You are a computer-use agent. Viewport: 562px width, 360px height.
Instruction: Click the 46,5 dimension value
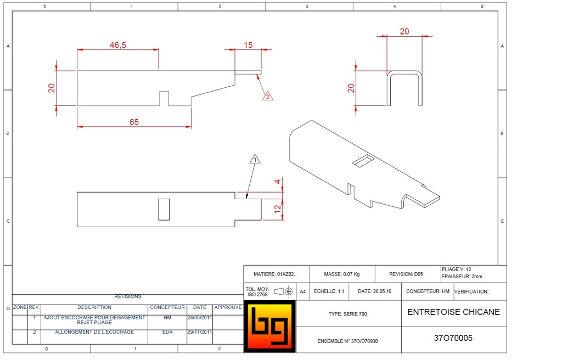coord(117,45)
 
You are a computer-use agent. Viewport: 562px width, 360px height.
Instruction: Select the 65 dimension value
coord(134,122)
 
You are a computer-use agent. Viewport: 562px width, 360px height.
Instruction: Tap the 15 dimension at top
coord(248,45)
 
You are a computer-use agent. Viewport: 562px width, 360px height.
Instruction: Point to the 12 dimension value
coord(278,209)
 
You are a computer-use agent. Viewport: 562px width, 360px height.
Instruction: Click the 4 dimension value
coord(278,182)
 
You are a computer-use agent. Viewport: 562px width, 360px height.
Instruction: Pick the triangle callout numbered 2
coord(267,96)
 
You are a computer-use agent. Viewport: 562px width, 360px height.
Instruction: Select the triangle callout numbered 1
coord(254,160)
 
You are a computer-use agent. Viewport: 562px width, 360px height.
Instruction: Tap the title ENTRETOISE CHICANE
coord(453,312)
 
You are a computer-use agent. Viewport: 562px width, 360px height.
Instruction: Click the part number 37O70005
coord(453,338)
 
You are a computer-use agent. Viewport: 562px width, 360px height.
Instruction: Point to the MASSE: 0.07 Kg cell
coord(341,274)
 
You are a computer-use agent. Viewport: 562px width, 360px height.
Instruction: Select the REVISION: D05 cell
coord(406,274)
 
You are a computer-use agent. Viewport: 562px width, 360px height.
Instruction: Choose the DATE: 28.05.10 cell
coord(375,291)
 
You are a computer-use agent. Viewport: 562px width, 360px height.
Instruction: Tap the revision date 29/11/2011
coord(200,332)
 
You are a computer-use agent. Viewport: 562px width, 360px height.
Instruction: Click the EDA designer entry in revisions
coord(167,332)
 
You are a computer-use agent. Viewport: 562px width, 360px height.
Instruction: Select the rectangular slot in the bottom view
coord(164,209)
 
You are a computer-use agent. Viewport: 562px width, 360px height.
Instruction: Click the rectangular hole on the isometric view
coord(363,160)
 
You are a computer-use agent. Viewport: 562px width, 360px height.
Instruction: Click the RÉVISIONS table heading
coord(127,296)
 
